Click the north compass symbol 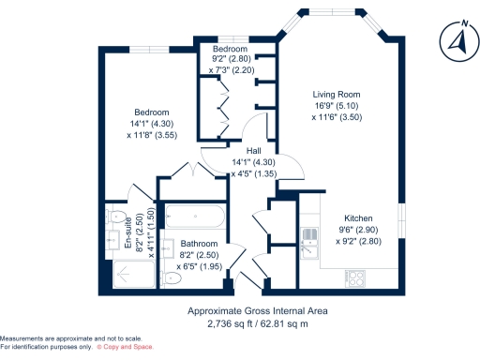click(456, 41)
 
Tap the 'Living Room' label click(336, 95)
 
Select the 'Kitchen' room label click(357, 215)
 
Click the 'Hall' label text click(253, 150)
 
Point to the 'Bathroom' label click(199, 243)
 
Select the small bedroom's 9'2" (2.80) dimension click(230, 59)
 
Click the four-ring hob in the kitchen click(356, 277)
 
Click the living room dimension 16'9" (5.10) click(336, 106)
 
